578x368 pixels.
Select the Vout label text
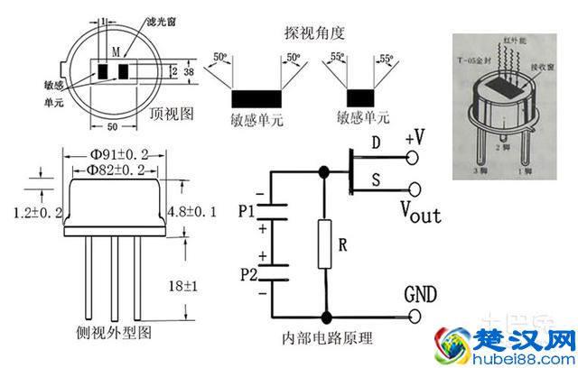point(420,213)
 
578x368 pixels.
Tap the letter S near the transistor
point(377,180)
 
